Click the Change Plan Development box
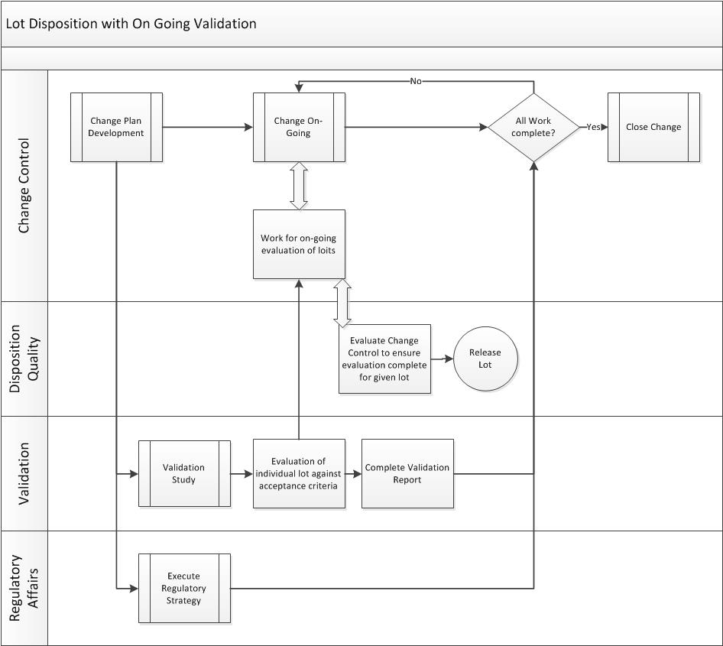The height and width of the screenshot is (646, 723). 116,127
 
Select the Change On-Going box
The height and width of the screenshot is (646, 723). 299,127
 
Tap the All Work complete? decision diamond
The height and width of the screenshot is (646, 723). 533,127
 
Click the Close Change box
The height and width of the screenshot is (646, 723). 653,127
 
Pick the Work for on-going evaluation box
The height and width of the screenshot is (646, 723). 299,244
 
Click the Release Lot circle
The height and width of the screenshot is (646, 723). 485,359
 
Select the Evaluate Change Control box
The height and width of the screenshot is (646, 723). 384,359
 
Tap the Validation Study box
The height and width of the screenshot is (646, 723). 184,473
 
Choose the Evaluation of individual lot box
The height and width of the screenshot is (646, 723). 299,473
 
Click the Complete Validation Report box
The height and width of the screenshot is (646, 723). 407,473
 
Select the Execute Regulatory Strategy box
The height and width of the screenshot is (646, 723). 184,588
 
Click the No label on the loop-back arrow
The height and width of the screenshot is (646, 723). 416,81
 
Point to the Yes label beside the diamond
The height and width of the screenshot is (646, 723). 593,127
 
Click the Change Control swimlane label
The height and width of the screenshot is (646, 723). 24,186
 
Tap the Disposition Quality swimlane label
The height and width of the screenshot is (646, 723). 24,359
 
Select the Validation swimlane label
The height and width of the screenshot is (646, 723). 24,473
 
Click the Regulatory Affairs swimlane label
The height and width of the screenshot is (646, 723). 24,588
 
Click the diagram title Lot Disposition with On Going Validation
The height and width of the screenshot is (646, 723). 131,24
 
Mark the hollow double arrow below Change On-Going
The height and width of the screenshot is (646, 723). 299,186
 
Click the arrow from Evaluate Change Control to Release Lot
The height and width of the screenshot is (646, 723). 442,359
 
